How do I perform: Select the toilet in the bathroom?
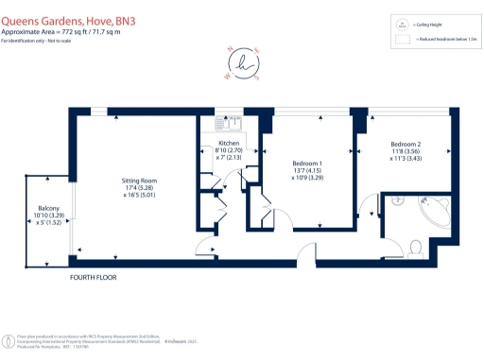click(416, 248)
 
